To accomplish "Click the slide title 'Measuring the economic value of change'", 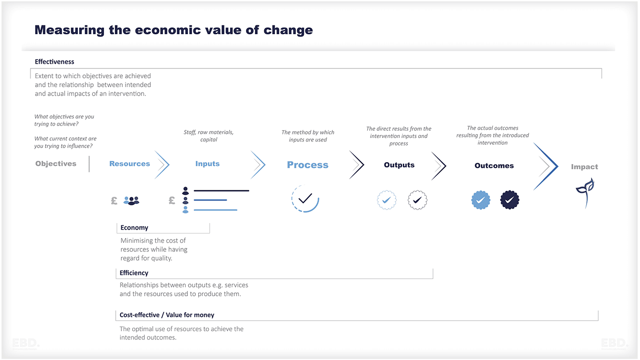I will pyautogui.click(x=173, y=30).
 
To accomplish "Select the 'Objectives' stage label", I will pyautogui.click(x=56, y=164).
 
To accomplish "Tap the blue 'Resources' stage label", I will pyautogui.click(x=129, y=164).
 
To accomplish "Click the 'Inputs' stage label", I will pyautogui.click(x=207, y=164).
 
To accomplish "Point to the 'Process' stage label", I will pyautogui.click(x=307, y=165).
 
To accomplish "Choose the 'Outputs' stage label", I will pyautogui.click(x=399, y=165).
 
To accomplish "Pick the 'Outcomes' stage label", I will pyautogui.click(x=494, y=165).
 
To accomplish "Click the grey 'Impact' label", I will pyautogui.click(x=584, y=167).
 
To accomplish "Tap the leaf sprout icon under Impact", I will pyautogui.click(x=585, y=192).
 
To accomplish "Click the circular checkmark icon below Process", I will pyautogui.click(x=305, y=199).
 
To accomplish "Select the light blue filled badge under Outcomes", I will pyautogui.click(x=481, y=200).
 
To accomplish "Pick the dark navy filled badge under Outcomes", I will pyautogui.click(x=509, y=200).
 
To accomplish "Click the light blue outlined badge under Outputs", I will pyautogui.click(x=387, y=200).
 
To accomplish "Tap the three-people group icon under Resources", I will pyautogui.click(x=132, y=201).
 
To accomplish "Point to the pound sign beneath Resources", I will pyautogui.click(x=114, y=201).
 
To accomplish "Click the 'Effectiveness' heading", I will pyautogui.click(x=54, y=62).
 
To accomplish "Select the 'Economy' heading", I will pyautogui.click(x=134, y=228).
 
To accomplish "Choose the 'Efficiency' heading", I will pyautogui.click(x=134, y=273).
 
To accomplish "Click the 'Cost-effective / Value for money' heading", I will pyautogui.click(x=167, y=315).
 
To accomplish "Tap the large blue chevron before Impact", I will pyautogui.click(x=547, y=166).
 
